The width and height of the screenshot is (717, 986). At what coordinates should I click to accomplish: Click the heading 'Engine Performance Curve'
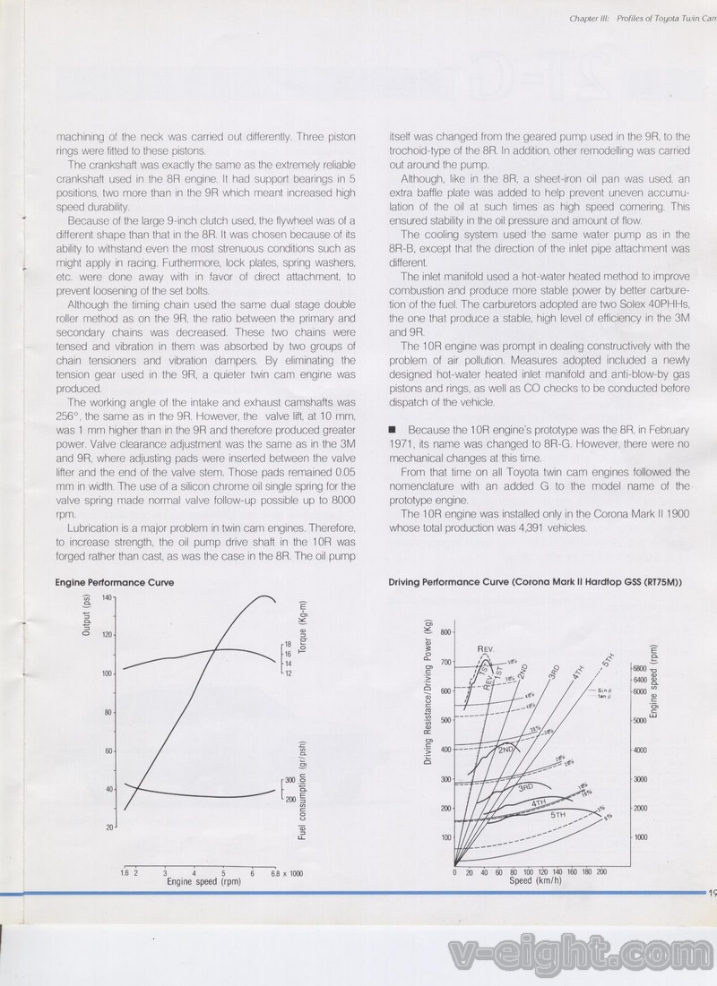(x=115, y=582)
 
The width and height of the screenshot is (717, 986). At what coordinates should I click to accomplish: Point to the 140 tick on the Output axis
(x=107, y=597)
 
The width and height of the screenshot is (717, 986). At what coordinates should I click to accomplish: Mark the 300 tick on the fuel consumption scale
(x=290, y=780)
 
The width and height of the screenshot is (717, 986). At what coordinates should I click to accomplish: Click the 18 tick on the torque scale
(x=289, y=644)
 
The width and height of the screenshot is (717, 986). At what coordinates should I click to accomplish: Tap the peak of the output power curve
(x=264, y=596)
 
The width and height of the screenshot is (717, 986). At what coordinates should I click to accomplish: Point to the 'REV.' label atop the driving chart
(x=486, y=647)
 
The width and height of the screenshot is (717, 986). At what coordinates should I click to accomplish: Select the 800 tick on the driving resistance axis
(x=445, y=632)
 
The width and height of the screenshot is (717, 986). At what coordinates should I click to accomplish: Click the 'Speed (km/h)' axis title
(x=535, y=880)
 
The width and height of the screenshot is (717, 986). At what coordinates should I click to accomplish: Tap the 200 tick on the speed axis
(x=601, y=871)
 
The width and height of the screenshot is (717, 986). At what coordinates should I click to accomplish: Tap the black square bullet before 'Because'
(x=392, y=430)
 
